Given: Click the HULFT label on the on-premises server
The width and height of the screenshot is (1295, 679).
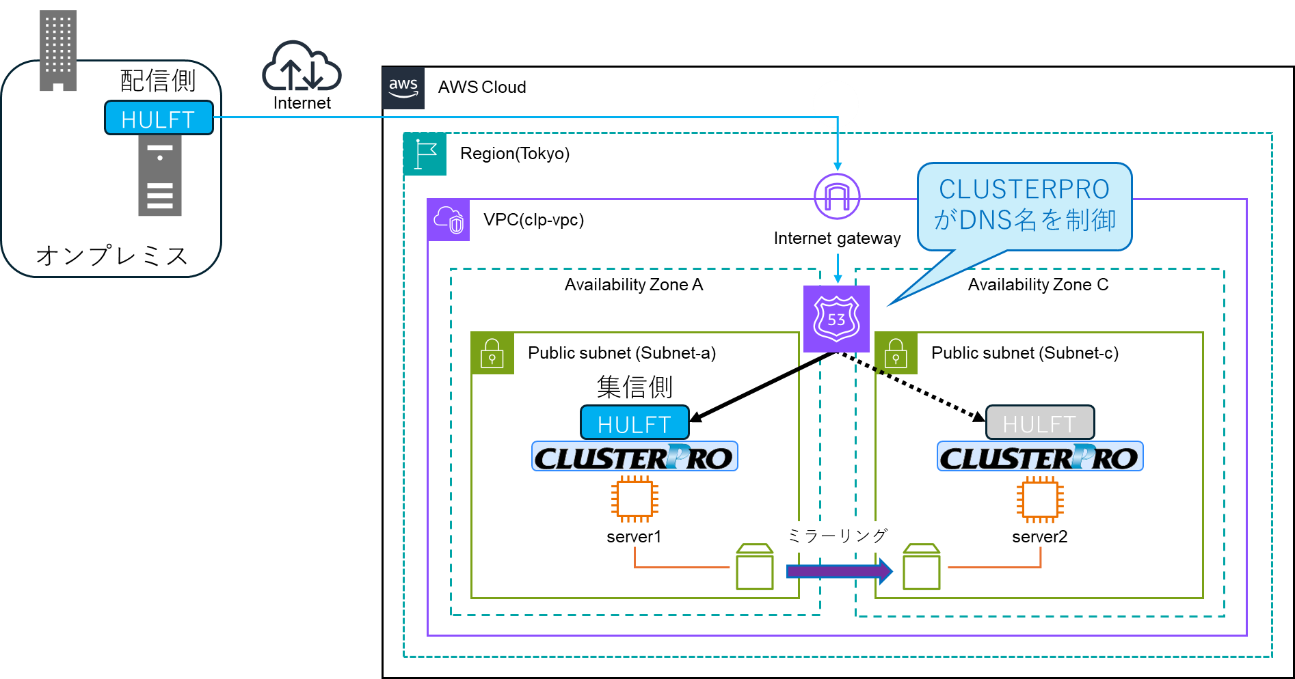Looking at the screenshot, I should pyautogui.click(x=159, y=118).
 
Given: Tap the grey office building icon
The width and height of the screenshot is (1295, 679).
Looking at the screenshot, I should pyautogui.click(x=58, y=51).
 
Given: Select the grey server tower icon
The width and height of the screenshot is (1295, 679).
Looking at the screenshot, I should pyautogui.click(x=160, y=176).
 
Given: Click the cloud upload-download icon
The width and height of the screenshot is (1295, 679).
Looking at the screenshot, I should pyautogui.click(x=302, y=67).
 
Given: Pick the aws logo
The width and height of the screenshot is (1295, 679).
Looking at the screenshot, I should pyautogui.click(x=403, y=88).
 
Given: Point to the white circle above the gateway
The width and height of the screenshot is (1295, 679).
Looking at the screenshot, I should pyautogui.click(x=836, y=104).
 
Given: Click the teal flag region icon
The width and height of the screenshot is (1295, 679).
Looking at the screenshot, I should pyautogui.click(x=425, y=154).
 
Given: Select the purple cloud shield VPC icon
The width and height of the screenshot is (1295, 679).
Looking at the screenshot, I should pyautogui.click(x=449, y=220).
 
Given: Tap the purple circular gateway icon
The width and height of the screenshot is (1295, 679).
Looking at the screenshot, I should pyautogui.click(x=837, y=197).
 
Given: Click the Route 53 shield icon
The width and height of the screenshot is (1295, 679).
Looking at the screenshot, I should pyautogui.click(x=836, y=319).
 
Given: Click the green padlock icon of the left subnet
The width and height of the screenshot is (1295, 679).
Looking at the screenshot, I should pyautogui.click(x=492, y=353).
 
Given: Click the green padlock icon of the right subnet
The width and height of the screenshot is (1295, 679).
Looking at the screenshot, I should pyautogui.click(x=896, y=353).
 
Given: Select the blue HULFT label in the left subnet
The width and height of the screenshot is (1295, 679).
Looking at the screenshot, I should pyautogui.click(x=635, y=424).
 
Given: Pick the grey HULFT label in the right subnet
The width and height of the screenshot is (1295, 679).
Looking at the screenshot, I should pyautogui.click(x=1039, y=424).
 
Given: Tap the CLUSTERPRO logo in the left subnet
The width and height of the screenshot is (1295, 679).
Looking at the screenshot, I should pyautogui.click(x=635, y=457).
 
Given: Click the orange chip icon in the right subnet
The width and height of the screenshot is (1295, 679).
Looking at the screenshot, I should pyautogui.click(x=1040, y=499).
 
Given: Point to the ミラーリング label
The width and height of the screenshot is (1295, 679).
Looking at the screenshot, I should pyautogui.click(x=838, y=536).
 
